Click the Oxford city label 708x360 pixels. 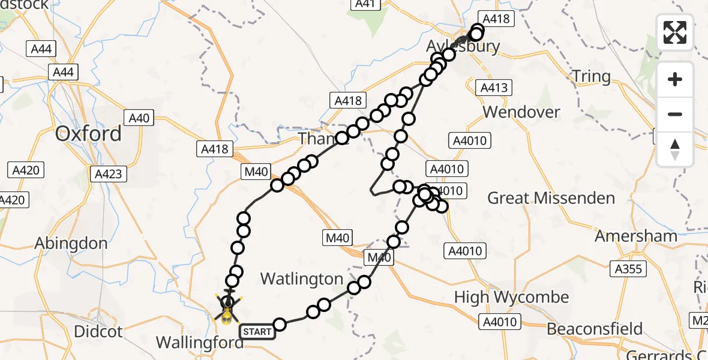tap(88, 133)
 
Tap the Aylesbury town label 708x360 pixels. tap(463, 47)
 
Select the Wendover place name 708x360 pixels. tap(521, 112)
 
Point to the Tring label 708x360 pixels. tap(591, 77)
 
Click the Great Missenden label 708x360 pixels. tap(551, 198)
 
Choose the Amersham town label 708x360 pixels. tap(635, 236)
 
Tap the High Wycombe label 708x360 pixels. tap(511, 297)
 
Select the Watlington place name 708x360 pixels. tap(302, 278)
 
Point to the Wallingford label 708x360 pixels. tap(199, 343)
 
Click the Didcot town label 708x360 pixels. tap(98, 331)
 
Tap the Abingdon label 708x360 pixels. tap(71, 244)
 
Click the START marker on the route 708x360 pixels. tap(257, 331)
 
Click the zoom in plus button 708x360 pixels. tap(675, 80)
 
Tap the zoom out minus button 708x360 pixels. tap(675, 114)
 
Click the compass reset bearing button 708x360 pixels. tap(675, 149)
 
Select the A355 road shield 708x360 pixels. tap(629, 269)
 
